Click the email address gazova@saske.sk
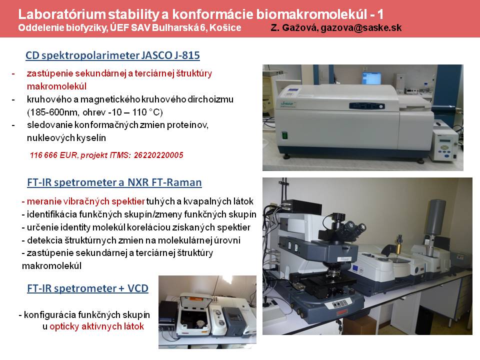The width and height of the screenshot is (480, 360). click(x=361, y=28)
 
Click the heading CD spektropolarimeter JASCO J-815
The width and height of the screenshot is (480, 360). click(x=112, y=55)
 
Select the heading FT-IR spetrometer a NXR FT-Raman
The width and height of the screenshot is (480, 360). click(x=114, y=182)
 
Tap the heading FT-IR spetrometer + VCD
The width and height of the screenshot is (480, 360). click(x=88, y=288)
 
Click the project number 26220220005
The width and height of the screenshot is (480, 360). click(x=158, y=155)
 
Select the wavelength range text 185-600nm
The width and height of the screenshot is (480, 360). click(x=54, y=112)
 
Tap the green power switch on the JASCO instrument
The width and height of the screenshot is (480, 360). click(x=285, y=135)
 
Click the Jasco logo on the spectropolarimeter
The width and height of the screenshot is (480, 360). click(x=287, y=104)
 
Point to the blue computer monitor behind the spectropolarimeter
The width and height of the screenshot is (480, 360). click(x=371, y=78)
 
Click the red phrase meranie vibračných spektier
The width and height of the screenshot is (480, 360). click(x=85, y=201)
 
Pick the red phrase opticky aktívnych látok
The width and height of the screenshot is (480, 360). click(x=96, y=326)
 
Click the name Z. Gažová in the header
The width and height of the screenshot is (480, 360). click(x=294, y=28)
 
